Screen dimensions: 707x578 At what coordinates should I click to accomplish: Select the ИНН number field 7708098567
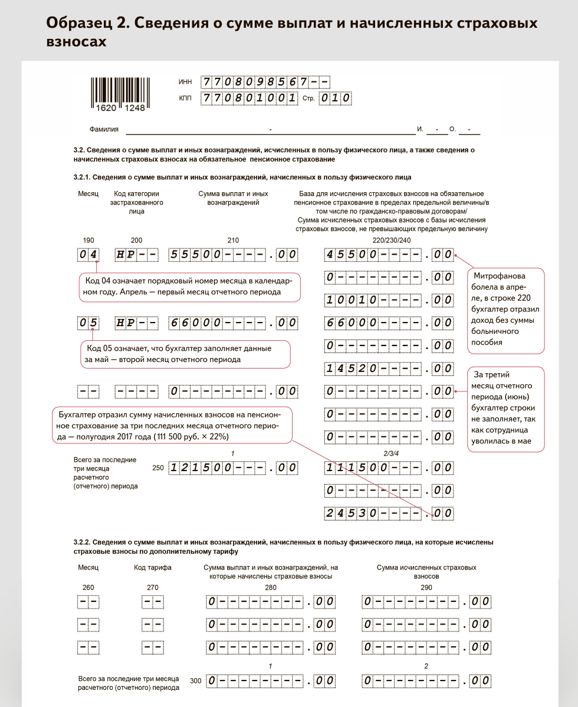tap(265, 83)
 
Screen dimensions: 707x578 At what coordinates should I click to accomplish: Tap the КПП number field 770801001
tap(249, 98)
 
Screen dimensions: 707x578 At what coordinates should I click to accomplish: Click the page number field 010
tap(335, 98)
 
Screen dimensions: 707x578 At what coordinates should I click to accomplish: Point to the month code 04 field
tap(88, 255)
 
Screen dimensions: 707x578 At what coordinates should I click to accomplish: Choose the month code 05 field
tap(88, 323)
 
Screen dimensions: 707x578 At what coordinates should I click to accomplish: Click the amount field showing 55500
tap(234, 255)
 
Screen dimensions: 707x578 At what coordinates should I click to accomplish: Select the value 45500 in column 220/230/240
tap(389, 255)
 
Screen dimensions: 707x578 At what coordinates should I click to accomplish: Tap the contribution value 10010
tap(389, 300)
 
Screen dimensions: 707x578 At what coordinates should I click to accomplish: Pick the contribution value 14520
tap(389, 369)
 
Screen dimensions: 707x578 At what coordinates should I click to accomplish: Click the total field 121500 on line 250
tap(234, 468)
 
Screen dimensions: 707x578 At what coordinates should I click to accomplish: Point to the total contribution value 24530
tap(389, 513)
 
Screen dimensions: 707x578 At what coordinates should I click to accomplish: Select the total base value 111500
tap(389, 468)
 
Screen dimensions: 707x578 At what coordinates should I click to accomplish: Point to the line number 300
tap(196, 681)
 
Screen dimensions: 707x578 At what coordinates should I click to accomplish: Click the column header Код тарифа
tap(152, 567)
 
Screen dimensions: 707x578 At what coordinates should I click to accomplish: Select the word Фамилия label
tap(104, 129)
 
